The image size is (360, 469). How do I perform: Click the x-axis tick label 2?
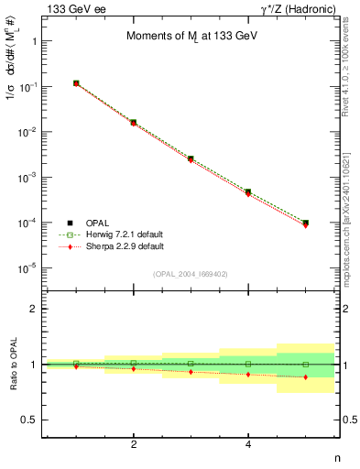pyautogui.click(x=135, y=444)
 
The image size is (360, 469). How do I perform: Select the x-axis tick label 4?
pyautogui.click(x=249, y=444)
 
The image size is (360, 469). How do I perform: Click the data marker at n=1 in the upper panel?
pyautogui.click(x=77, y=83)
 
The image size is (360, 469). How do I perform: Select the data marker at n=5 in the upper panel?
pyautogui.click(x=306, y=223)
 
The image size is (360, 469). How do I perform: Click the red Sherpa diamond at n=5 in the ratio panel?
pyautogui.click(x=306, y=377)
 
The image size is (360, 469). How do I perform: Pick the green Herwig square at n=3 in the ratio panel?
pyautogui.click(x=191, y=364)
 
